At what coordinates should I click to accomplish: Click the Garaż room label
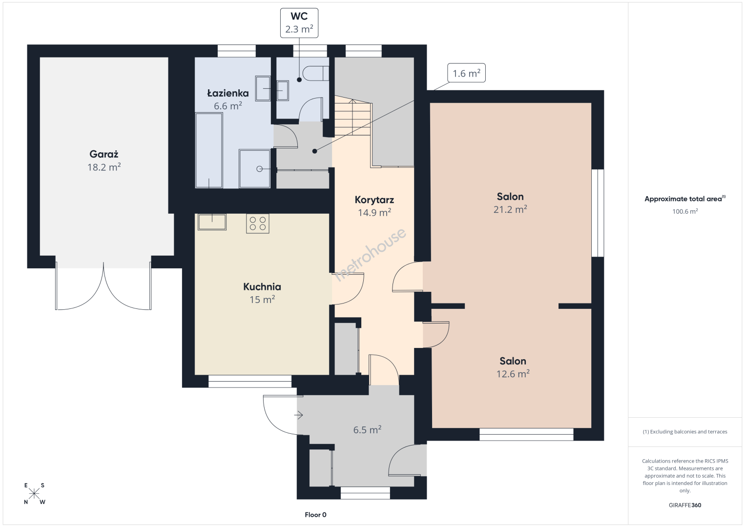pos(104,154)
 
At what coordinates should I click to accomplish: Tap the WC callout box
pos(299,23)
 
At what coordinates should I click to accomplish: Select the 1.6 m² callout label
pos(466,73)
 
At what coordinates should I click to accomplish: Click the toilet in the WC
pos(315,74)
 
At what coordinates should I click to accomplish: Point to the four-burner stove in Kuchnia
pos(258,223)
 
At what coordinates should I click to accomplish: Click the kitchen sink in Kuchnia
pos(212,222)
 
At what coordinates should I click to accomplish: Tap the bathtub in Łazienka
pos(209,151)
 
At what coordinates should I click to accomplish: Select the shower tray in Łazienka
pos(255,169)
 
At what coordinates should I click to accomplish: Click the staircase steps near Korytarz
pos(353,116)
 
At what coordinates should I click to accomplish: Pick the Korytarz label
pos(374,200)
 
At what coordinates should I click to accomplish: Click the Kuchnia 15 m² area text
pos(262,300)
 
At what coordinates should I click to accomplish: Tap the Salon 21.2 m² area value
pos(510,209)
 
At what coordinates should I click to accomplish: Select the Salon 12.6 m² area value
pos(513,374)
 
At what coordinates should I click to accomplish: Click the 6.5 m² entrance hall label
pos(367,429)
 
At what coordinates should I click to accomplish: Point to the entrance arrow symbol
pos(298,415)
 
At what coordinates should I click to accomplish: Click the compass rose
pos(34,494)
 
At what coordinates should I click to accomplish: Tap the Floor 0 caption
pos(316,515)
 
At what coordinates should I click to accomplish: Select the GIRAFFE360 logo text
pos(685,505)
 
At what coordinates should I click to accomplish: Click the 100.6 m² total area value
pos(685,211)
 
